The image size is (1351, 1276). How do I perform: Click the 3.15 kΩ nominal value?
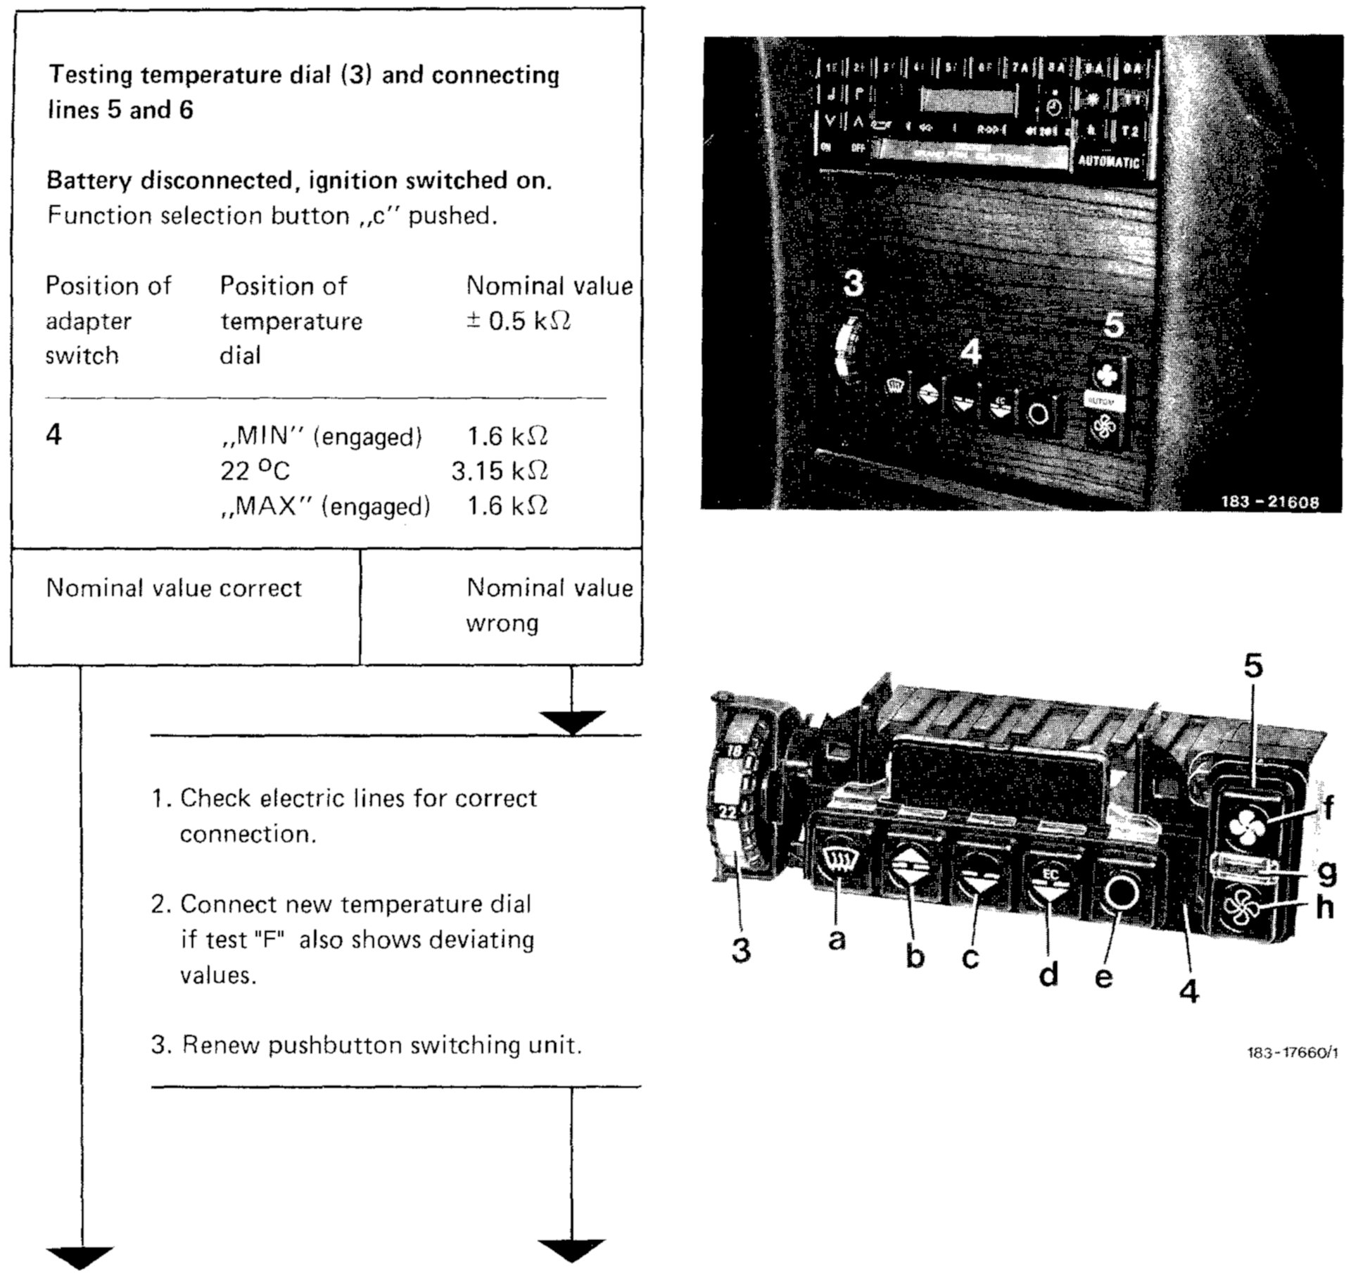pyautogui.click(x=500, y=471)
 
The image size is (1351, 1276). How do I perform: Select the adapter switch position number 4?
pyautogui.click(x=54, y=435)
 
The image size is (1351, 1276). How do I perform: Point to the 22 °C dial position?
pyautogui.click(x=255, y=471)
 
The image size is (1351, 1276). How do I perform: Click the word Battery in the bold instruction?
pyautogui.click(x=89, y=181)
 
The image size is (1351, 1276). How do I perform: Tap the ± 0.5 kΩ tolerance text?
pyautogui.click(x=519, y=321)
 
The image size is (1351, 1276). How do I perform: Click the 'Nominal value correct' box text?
pyautogui.click(x=174, y=588)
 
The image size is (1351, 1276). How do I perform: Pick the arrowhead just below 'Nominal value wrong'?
pyautogui.click(x=572, y=721)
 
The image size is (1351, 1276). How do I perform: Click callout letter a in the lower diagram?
pyautogui.click(x=837, y=938)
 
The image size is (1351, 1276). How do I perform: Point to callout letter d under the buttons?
pyautogui.click(x=1048, y=974)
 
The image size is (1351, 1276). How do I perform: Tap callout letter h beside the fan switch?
pyautogui.click(x=1324, y=907)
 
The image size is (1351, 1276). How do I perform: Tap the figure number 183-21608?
pyautogui.click(x=1269, y=502)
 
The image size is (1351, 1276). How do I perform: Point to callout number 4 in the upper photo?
pyautogui.click(x=971, y=352)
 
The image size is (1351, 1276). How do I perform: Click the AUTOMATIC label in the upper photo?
pyautogui.click(x=1108, y=161)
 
